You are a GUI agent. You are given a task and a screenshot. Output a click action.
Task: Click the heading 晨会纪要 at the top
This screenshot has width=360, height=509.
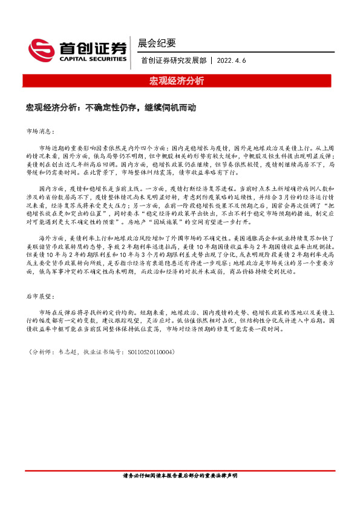click(x=156, y=43)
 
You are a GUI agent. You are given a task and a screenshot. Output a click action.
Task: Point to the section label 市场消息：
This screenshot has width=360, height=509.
click(x=41, y=131)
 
